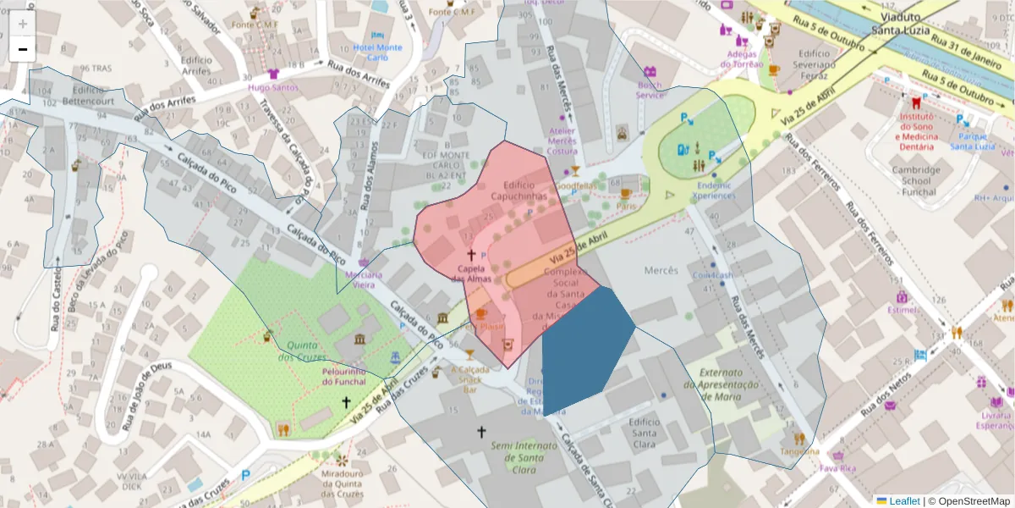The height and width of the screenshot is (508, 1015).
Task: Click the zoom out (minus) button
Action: (23, 49)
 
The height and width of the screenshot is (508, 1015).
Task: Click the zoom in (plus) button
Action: (23, 24)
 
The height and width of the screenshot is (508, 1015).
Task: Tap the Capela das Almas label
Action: (471, 273)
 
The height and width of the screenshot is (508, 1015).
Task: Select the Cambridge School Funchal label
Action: (916, 180)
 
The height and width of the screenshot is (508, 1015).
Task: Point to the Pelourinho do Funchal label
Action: (343, 377)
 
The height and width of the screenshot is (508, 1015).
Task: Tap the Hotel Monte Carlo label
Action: (378, 53)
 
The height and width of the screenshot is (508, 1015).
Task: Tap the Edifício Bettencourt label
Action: (88, 96)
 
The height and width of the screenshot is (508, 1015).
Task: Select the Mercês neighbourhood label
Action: (661, 270)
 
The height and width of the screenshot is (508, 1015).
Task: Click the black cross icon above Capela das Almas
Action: (471, 254)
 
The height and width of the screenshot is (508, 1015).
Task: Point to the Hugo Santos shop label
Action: (273, 87)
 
